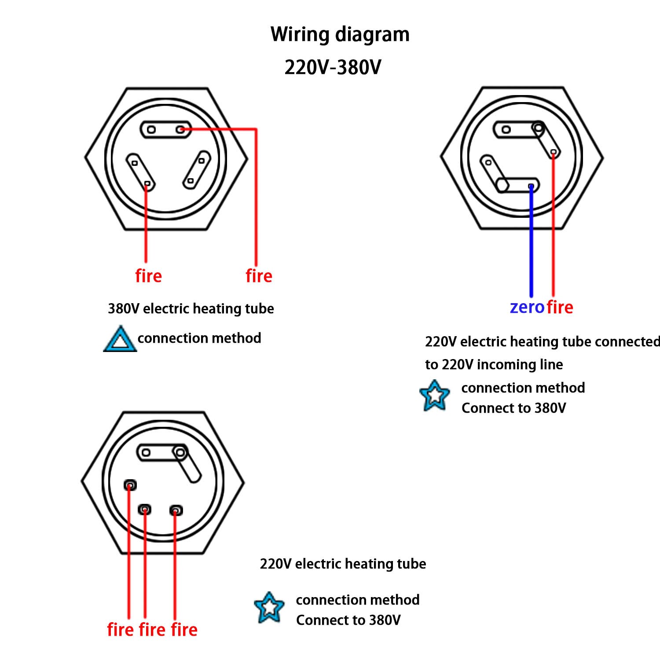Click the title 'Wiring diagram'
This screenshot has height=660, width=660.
[340, 34]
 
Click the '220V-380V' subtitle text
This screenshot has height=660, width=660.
[333, 67]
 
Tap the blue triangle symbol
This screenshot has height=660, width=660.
[119, 340]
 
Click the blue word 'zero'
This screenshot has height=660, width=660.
[527, 307]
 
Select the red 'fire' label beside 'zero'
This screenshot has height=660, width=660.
[560, 307]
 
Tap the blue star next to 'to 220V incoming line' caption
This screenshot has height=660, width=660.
[434, 396]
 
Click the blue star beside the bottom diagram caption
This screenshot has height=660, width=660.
[269, 608]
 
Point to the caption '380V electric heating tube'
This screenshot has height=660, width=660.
[191, 308]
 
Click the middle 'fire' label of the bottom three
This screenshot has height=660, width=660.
[152, 630]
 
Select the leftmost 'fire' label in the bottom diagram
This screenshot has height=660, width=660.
[120, 630]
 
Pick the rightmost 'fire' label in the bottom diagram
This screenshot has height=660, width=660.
[184, 630]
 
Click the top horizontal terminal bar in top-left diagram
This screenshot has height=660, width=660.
[165, 129]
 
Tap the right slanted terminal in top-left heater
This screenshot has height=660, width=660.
[196, 170]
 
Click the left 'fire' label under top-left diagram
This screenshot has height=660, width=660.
[148, 276]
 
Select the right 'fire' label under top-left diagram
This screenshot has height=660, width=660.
[259, 276]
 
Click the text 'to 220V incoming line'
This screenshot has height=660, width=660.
[494, 364]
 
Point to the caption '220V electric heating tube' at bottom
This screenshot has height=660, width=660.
[343, 564]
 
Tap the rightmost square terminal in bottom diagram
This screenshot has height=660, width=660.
[176, 510]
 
